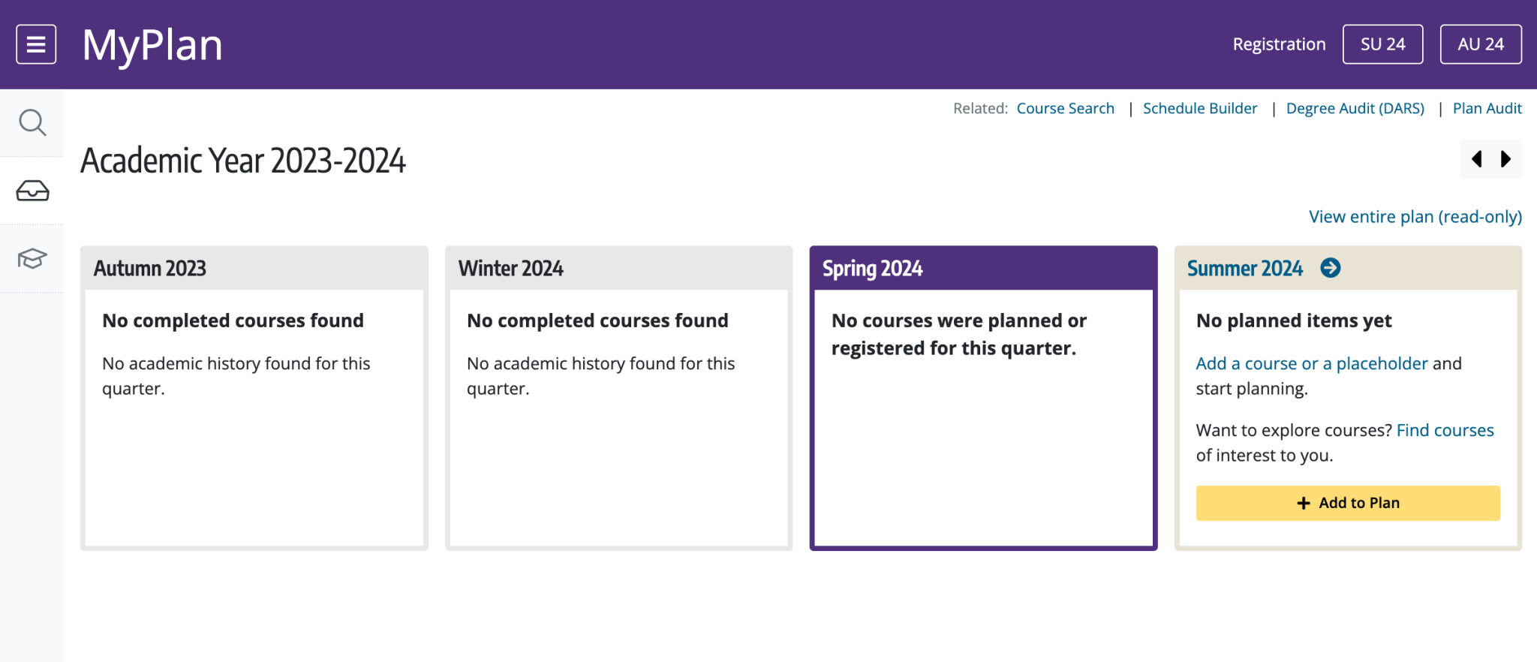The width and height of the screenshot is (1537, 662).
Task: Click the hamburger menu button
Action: (36, 44)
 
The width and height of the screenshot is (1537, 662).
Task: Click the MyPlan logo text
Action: (152, 45)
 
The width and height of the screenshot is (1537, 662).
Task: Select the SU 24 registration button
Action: (1382, 44)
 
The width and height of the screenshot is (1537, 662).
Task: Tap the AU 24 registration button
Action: (1481, 44)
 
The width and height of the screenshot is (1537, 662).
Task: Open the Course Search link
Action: (1065, 108)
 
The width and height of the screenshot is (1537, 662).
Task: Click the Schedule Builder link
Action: (1200, 108)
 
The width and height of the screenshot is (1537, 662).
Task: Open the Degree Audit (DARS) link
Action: (1355, 108)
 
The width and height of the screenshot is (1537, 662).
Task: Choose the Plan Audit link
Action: (1487, 108)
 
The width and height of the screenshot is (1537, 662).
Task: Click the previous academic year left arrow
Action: (1477, 159)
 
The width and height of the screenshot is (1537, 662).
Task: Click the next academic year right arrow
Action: (1505, 159)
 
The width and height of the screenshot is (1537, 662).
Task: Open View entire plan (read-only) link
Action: (1415, 217)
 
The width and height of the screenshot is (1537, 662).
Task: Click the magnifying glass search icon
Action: (32, 122)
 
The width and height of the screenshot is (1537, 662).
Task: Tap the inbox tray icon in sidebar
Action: (32, 191)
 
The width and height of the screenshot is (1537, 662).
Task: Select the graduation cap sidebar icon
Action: (32, 258)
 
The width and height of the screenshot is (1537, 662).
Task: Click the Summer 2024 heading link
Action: (1245, 268)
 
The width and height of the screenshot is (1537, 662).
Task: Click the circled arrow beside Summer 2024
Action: (1331, 268)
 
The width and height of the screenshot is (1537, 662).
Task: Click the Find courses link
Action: (1445, 430)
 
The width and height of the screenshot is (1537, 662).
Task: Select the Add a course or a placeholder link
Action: (1312, 363)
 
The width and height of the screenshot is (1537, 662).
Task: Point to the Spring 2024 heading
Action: (873, 268)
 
